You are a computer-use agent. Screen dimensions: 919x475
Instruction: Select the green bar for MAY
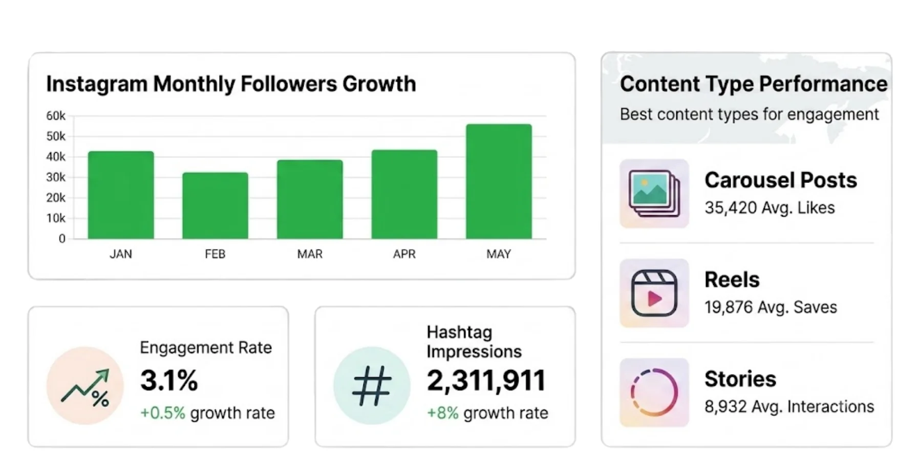click(499, 181)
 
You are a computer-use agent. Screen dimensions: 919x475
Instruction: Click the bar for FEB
click(215, 205)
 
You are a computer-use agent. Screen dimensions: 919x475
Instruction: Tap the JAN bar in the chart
click(121, 195)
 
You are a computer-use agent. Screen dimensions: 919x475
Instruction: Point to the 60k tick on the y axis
click(56, 116)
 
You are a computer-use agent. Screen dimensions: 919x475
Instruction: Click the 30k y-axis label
click(56, 177)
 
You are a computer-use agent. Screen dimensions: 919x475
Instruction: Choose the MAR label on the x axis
click(310, 254)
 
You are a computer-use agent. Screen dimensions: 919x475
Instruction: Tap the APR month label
click(404, 254)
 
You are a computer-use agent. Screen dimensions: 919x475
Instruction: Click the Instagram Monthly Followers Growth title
click(231, 84)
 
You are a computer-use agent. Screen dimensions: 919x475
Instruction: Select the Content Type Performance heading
click(754, 84)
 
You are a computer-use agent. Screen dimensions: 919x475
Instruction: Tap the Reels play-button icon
click(654, 293)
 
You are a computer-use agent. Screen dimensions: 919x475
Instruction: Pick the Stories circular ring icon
click(654, 393)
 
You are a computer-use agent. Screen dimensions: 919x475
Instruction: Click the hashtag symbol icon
click(372, 385)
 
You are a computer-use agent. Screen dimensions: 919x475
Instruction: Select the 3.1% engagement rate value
click(169, 381)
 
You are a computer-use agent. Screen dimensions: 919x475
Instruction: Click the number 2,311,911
click(486, 381)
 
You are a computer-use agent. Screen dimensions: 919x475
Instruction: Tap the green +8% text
click(443, 413)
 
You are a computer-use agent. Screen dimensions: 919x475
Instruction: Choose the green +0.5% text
click(163, 413)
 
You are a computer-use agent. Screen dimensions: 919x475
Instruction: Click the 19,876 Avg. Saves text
click(771, 307)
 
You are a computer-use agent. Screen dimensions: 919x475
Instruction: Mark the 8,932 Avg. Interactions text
click(789, 407)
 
